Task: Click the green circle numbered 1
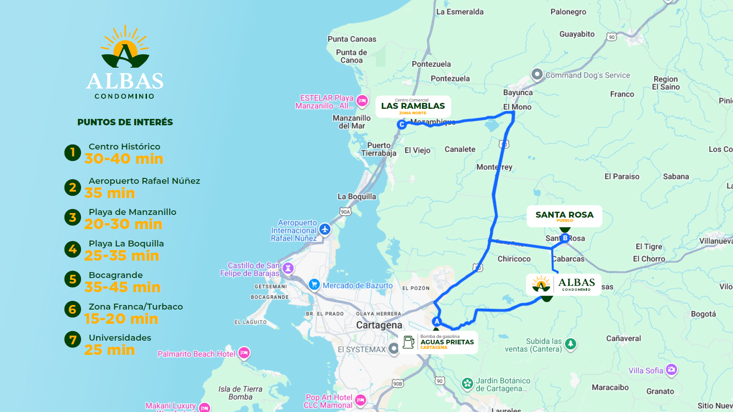click(x=72, y=152)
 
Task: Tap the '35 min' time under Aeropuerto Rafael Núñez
click(x=109, y=193)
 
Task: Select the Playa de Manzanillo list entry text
click(x=132, y=212)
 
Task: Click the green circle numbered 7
click(x=72, y=340)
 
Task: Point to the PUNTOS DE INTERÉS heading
click(x=125, y=122)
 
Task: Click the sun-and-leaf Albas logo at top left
click(x=125, y=48)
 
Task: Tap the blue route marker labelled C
click(x=402, y=124)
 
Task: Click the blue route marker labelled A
click(x=437, y=321)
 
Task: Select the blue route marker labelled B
click(x=565, y=238)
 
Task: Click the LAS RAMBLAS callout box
click(x=413, y=107)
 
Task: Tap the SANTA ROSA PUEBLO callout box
click(x=564, y=216)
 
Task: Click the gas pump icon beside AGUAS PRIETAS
click(x=409, y=342)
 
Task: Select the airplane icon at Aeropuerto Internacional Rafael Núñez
click(x=325, y=229)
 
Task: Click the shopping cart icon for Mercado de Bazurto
click(x=314, y=284)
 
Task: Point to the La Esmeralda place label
click(x=460, y=12)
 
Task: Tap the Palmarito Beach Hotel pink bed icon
click(x=244, y=353)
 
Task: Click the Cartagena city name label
click(x=379, y=325)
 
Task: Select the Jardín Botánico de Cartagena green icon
click(x=467, y=384)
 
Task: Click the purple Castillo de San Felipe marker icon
click(x=288, y=268)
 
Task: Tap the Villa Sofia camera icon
click(x=671, y=369)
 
